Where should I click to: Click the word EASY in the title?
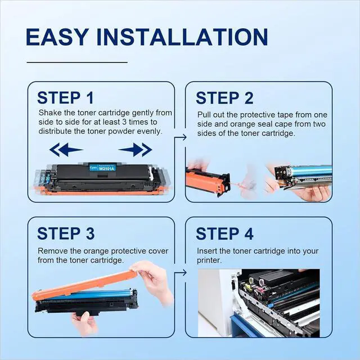pos(57,37)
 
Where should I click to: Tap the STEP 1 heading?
pos(65,98)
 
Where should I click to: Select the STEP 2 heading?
pos(224,98)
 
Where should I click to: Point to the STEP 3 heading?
pos(66,233)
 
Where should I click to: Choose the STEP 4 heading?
pos(224,234)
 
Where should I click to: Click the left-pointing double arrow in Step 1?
pos(66,150)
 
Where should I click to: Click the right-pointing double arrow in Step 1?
pos(135,150)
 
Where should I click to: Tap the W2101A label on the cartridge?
pos(106,169)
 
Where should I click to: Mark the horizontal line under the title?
pos(77,62)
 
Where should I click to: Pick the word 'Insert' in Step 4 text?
pos(207,251)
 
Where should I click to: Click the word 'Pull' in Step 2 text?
pos(204,115)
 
